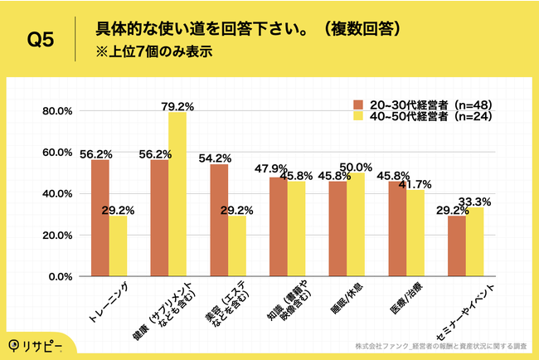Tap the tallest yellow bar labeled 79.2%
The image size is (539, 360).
click(177, 194)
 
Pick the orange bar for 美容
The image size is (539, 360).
click(220, 220)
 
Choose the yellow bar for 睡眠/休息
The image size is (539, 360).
click(357, 225)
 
